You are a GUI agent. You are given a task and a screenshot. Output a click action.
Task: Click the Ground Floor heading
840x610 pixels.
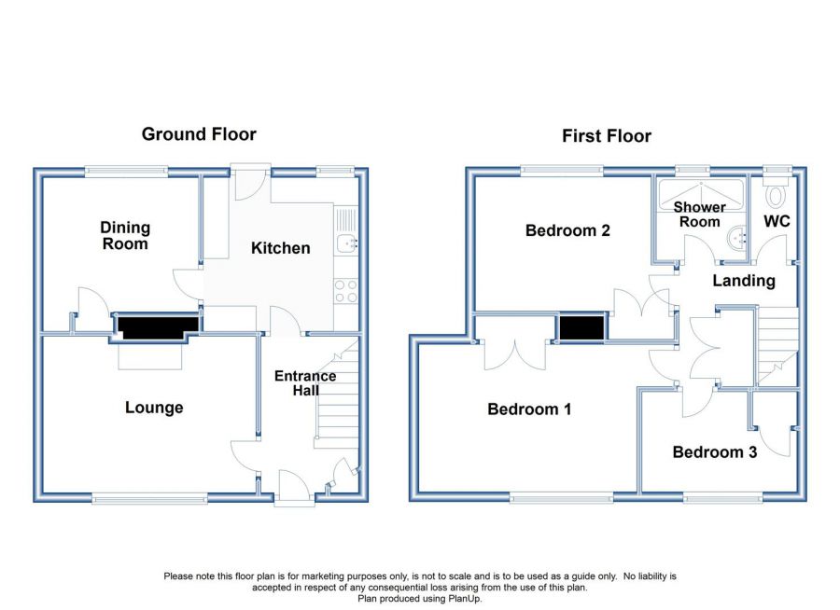[x=199, y=134]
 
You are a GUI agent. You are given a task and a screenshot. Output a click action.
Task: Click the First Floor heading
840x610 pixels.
[x=607, y=136]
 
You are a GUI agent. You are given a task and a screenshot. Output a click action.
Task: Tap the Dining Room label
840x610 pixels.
[x=125, y=236]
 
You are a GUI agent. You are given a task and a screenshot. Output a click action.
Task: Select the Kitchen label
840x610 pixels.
[x=281, y=248]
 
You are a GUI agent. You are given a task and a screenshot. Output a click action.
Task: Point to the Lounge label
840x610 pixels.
[x=154, y=408]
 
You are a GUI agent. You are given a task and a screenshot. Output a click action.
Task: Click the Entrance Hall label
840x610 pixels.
[x=305, y=383]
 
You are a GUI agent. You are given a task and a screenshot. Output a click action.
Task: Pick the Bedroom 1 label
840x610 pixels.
[x=529, y=409]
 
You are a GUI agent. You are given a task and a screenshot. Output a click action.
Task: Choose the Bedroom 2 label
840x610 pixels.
[x=567, y=230]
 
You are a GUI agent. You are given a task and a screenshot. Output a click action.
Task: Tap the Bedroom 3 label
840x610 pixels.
[x=715, y=452]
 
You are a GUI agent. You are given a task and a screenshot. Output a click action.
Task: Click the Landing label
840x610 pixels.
[x=744, y=281]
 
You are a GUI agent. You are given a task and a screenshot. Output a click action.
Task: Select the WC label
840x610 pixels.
[x=777, y=221]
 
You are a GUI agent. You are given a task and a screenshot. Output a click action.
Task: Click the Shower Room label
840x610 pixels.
[x=700, y=215]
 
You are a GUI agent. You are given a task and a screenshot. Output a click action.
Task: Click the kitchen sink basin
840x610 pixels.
[x=344, y=243]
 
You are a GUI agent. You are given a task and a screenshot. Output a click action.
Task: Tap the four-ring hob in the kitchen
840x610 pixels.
[x=346, y=291]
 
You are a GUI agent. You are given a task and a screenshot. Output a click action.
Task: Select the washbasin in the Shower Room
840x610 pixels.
[x=737, y=237]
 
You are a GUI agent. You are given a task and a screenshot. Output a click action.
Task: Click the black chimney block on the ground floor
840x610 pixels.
[x=157, y=327]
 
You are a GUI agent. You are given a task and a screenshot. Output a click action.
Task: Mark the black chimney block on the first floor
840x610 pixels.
[x=581, y=327]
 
